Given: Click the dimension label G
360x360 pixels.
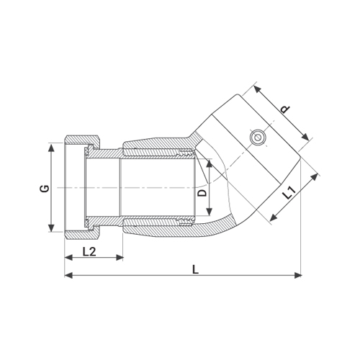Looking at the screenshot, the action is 45,189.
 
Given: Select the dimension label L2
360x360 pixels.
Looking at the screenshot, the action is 89,252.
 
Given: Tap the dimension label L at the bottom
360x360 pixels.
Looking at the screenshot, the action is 196,269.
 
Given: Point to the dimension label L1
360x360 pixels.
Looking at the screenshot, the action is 289,193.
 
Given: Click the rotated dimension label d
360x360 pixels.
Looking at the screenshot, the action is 286,109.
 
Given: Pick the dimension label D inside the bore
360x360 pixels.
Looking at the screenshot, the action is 203,193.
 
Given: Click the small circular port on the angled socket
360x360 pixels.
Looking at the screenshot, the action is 258,138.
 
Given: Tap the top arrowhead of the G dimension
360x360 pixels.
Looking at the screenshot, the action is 51,148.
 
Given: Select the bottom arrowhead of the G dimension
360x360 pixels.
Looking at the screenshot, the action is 51,228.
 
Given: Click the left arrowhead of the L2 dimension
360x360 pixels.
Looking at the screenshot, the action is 68,258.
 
